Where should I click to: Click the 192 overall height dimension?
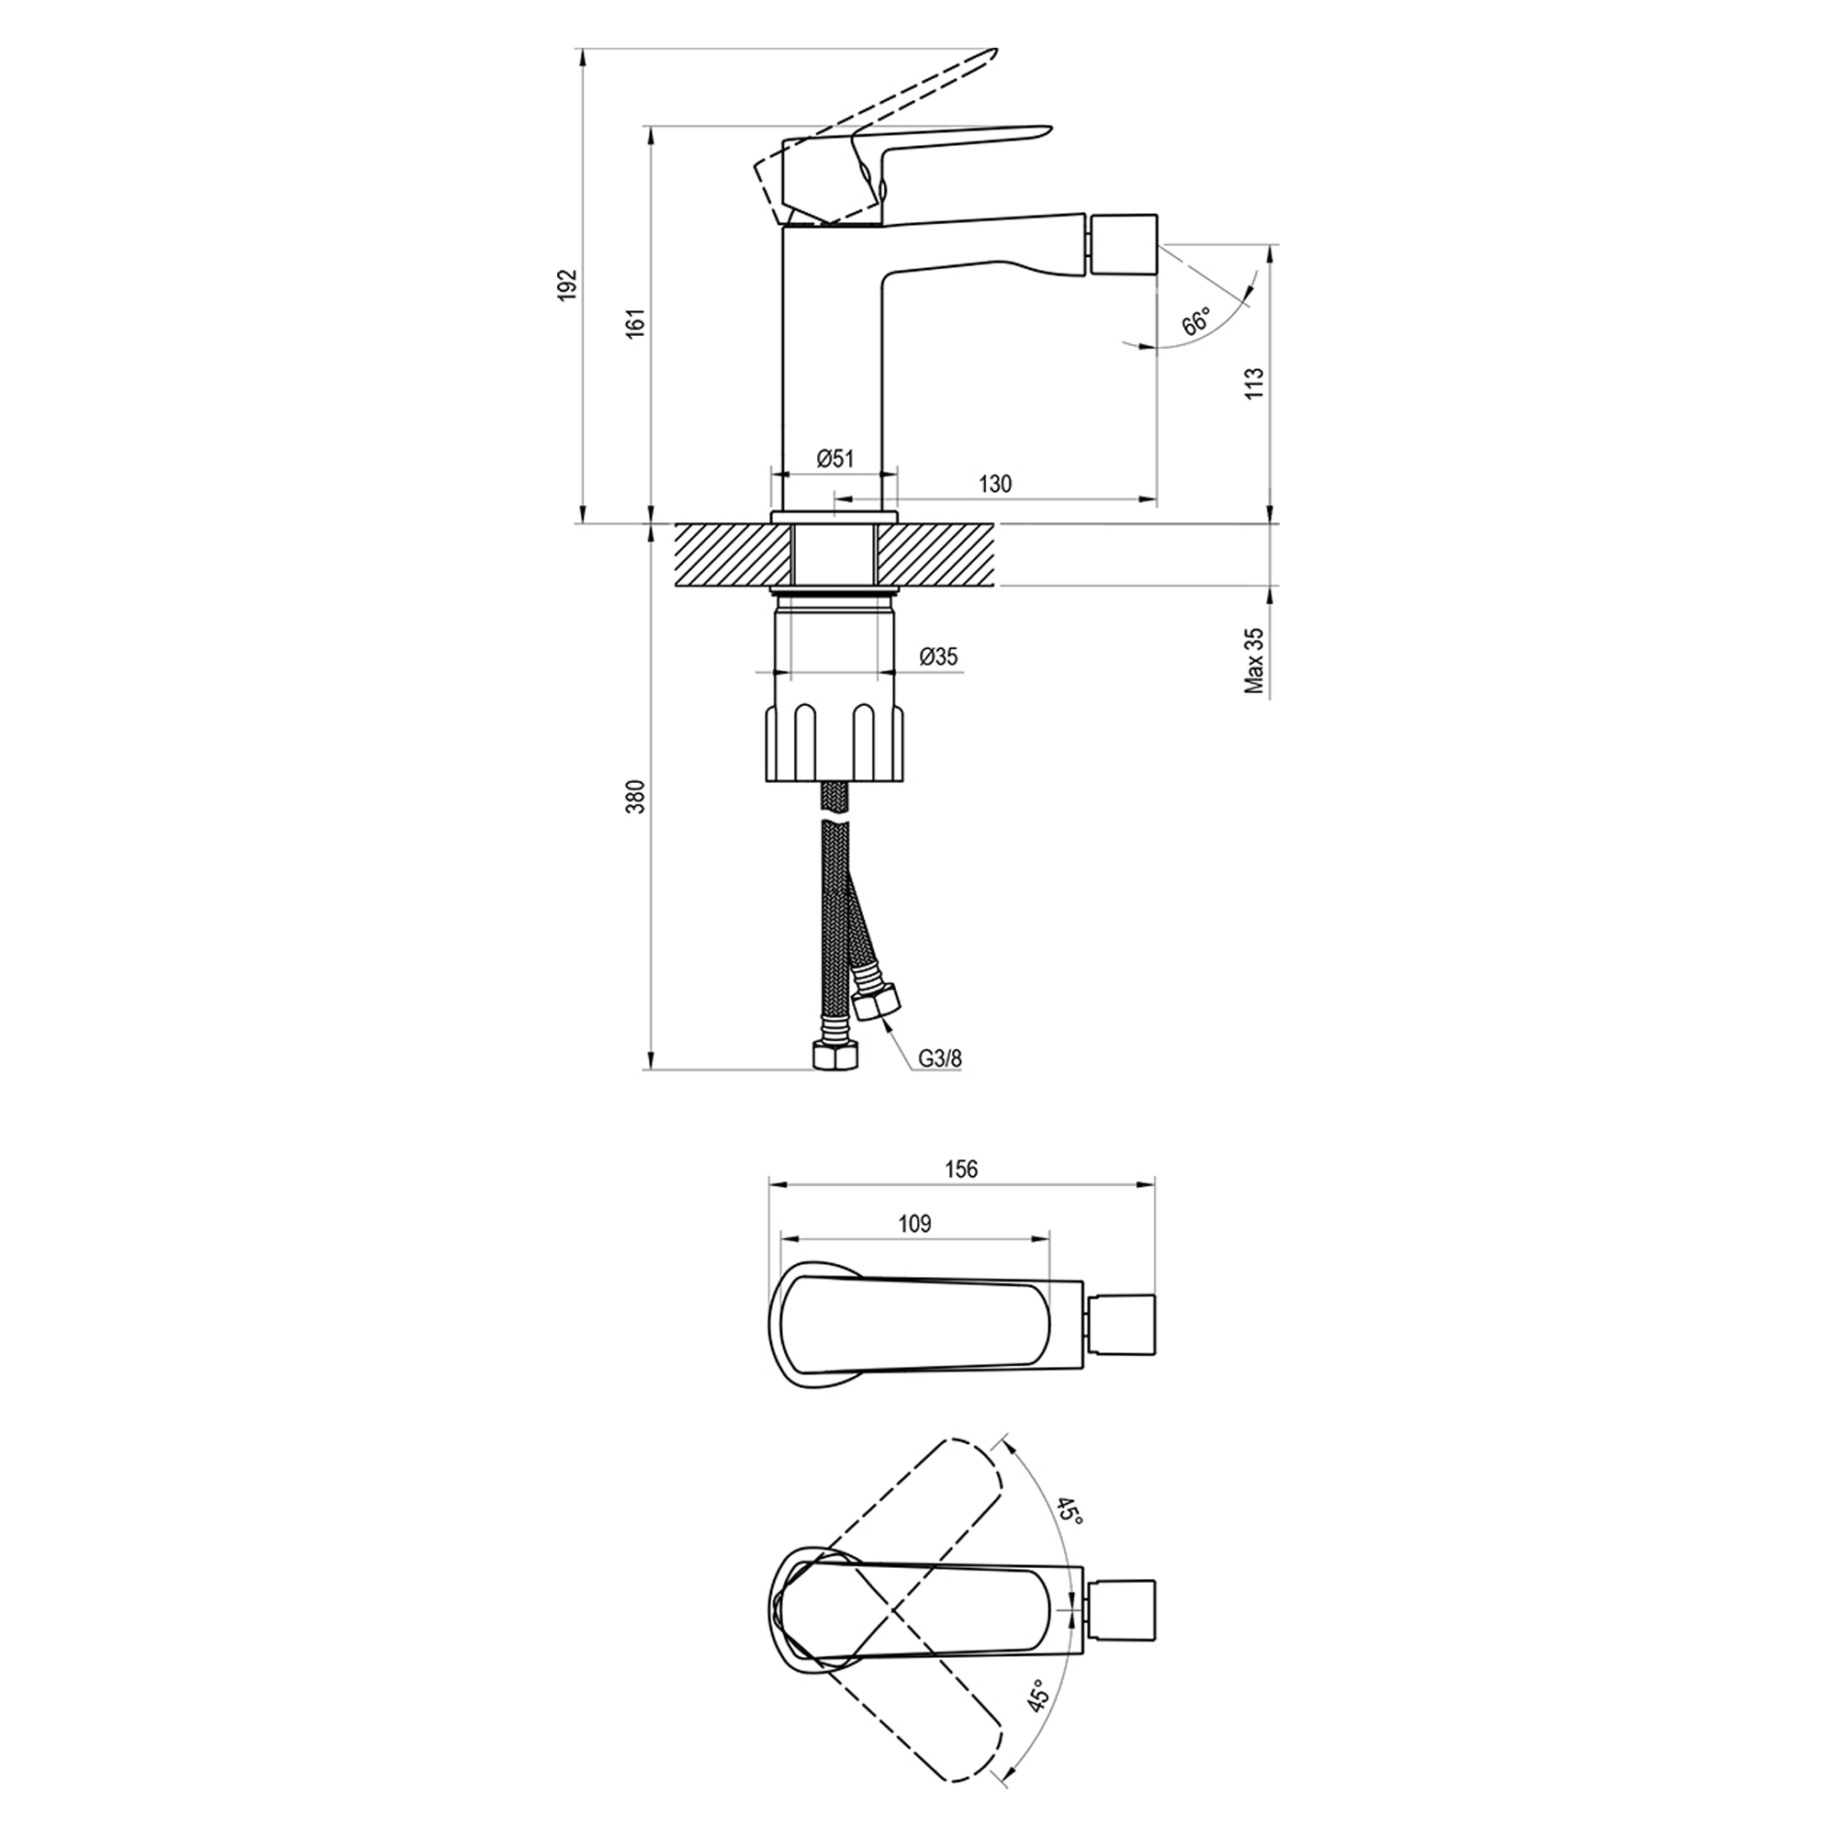[x=567, y=285]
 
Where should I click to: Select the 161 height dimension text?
[x=636, y=323]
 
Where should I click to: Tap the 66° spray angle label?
[x=1196, y=321]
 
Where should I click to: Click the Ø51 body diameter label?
[x=835, y=459]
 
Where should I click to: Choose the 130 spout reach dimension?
[x=995, y=484]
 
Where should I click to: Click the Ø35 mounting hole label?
[x=939, y=656]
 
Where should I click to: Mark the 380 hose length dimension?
[x=636, y=795]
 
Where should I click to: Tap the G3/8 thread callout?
[x=941, y=1058]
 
